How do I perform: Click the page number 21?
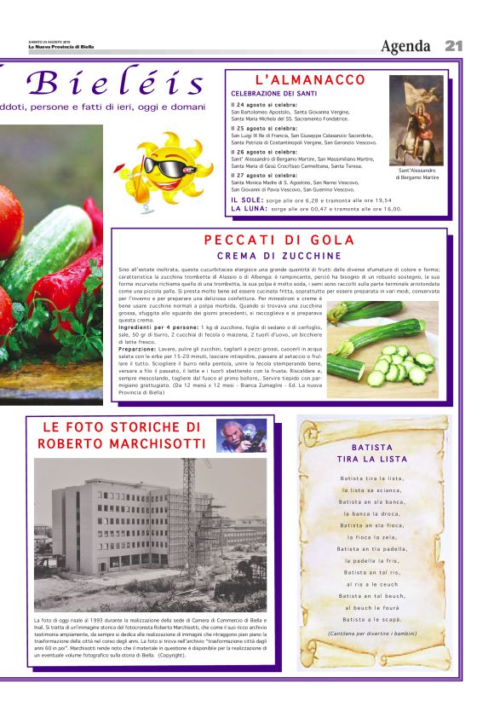tap(453, 45)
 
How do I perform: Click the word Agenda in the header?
tap(405, 46)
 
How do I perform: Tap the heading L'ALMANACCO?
tap(298, 79)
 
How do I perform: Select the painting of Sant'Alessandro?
tap(416, 119)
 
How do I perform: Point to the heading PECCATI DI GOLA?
tap(279, 240)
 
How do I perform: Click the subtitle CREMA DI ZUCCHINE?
tap(279, 256)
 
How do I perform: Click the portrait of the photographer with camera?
tap(241, 435)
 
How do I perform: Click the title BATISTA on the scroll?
tap(372, 447)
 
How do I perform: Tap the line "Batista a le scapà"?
tap(372, 619)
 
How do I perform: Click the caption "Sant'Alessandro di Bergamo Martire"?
tap(416, 174)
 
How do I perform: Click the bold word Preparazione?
tap(141, 348)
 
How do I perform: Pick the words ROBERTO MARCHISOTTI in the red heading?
tap(121, 444)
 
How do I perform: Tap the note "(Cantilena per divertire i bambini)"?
tap(372, 633)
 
